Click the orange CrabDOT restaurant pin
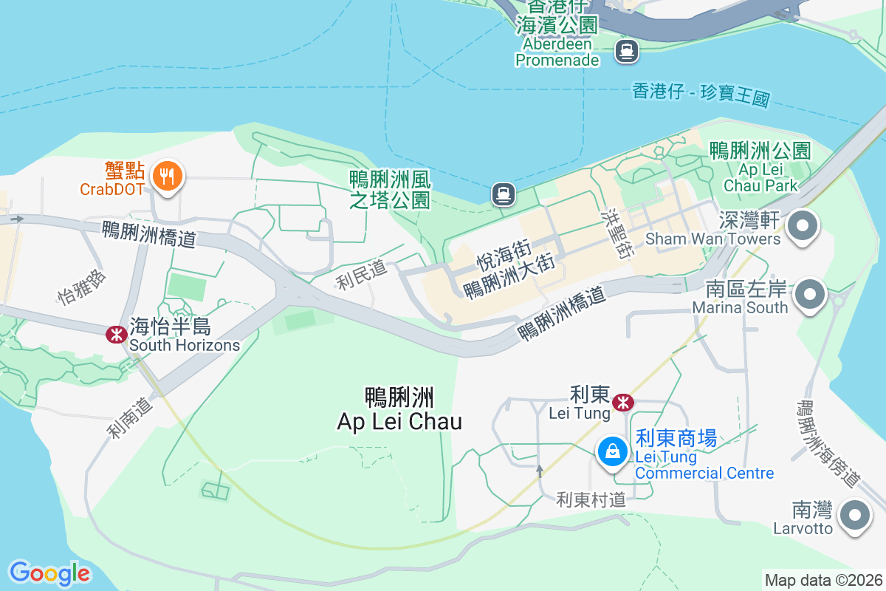168,177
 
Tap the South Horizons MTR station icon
116,335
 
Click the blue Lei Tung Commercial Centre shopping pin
612,450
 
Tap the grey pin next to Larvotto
854,515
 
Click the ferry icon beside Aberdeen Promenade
627,51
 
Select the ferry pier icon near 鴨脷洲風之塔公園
503,194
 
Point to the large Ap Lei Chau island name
399,409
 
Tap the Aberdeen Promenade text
557,52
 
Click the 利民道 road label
362,275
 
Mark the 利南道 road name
128,419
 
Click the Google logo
49,573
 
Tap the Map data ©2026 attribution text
823,580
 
